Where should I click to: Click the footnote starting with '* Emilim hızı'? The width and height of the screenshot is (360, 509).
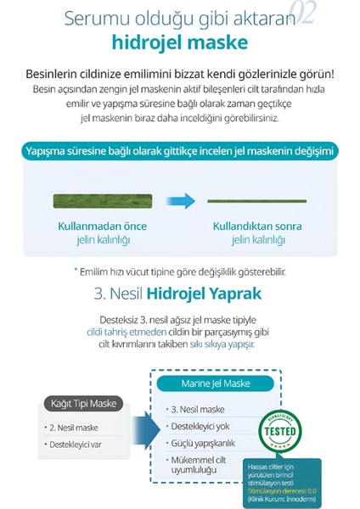coord(179,271)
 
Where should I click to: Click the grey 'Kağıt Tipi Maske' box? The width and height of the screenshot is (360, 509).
coord(82,403)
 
